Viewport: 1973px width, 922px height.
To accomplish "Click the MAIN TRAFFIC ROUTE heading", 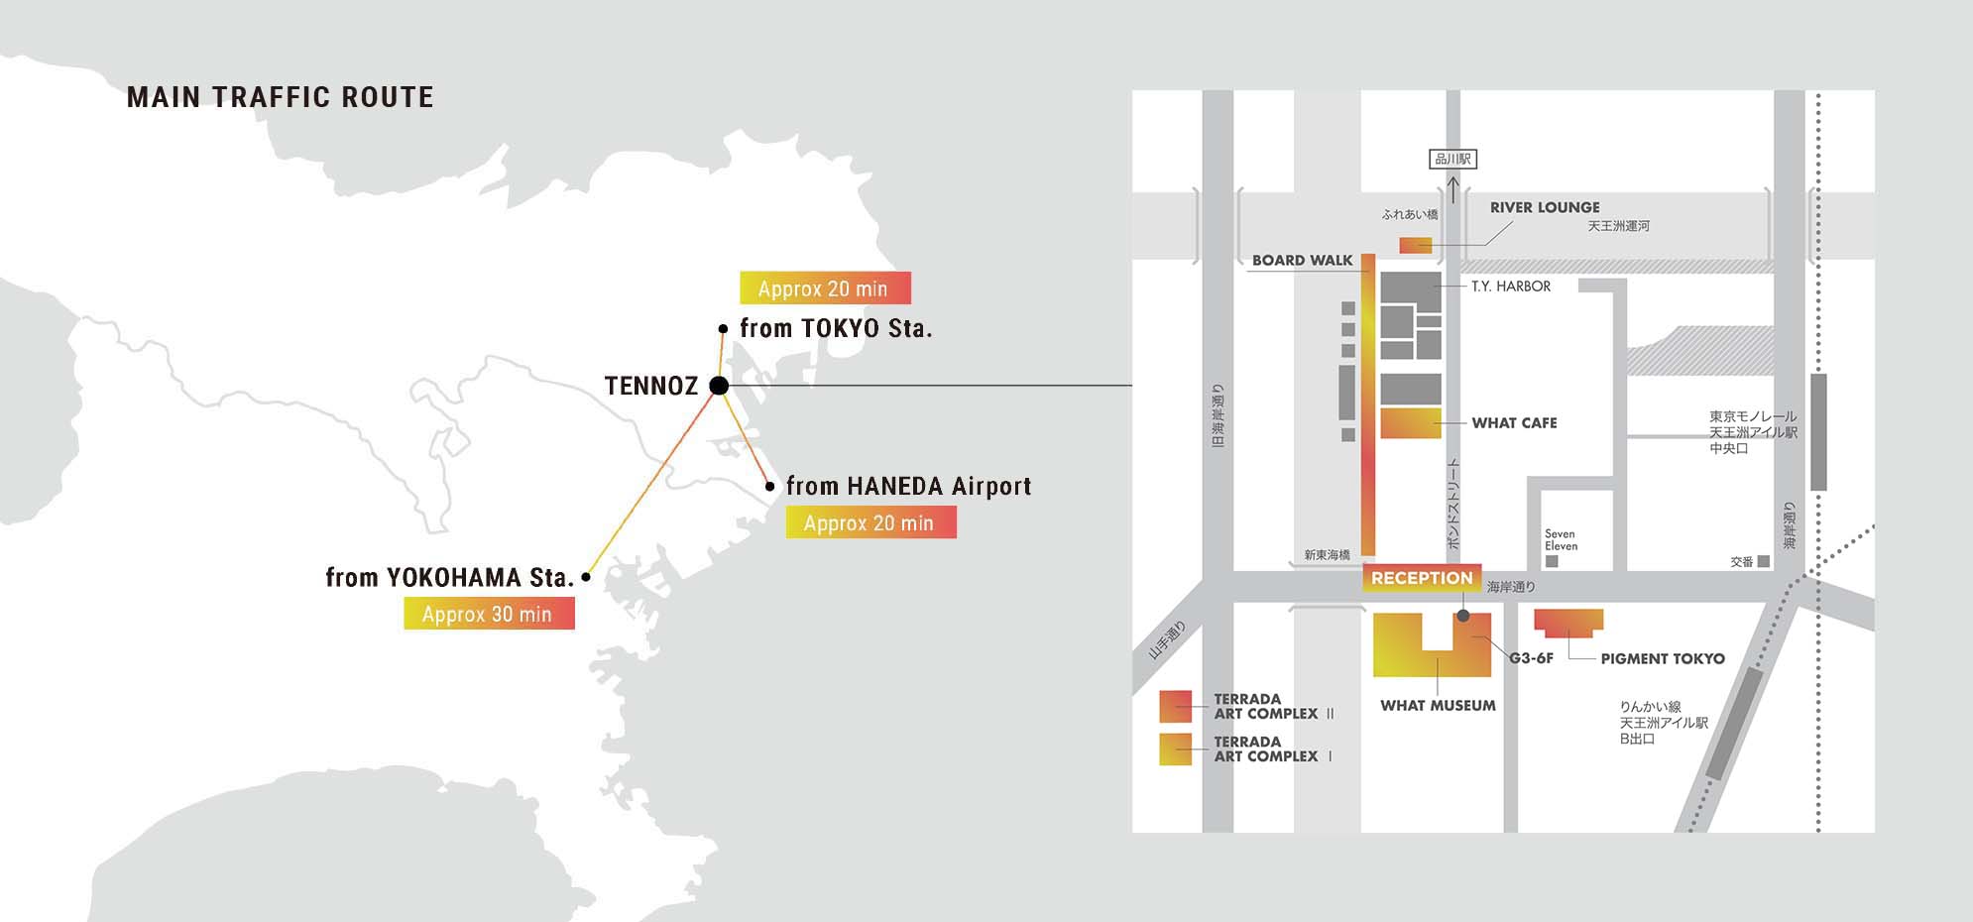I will [281, 97].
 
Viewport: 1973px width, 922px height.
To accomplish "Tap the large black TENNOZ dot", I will [720, 386].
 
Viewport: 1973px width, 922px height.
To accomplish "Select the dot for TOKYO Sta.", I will [723, 328].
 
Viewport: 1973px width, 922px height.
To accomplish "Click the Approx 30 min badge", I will [489, 614].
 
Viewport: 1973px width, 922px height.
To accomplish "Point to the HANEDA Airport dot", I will [769, 486].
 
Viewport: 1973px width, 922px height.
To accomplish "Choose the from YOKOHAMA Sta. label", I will [449, 577].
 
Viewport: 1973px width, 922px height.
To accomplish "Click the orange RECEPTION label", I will [1422, 578].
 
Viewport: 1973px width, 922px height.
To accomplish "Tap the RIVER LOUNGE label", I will [1544, 207].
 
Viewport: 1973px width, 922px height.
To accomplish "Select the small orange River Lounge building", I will [1415, 245].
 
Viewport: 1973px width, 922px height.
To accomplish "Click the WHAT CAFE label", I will [1514, 422].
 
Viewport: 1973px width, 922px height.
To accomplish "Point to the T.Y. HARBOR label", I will [1510, 287].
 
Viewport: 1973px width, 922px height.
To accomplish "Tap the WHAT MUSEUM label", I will [1438, 705].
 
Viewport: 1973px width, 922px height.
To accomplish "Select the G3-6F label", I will [1531, 658].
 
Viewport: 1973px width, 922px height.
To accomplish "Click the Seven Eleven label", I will [1561, 539].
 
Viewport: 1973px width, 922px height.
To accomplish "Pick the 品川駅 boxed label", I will [1452, 159].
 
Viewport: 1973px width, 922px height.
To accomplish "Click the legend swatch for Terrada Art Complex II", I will [1176, 706].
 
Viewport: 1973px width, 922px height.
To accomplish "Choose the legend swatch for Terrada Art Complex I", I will [1176, 749].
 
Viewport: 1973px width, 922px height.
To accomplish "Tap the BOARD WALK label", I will [1302, 260].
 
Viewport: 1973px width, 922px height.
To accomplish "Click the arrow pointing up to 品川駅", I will [1452, 188].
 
